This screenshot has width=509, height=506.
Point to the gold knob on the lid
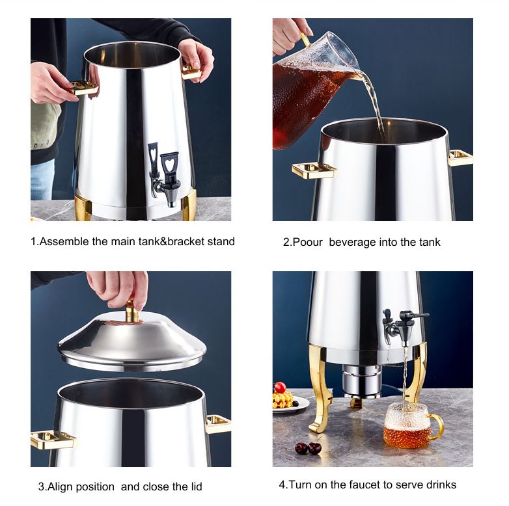tap(132, 312)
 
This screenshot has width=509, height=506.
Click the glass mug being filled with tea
tap(411, 425)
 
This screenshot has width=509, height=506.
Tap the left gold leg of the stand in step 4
tap(320, 388)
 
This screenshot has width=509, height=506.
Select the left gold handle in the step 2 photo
tap(314, 170)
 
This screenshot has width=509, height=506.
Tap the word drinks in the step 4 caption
tap(441, 485)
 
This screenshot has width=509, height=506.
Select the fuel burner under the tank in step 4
tap(362, 380)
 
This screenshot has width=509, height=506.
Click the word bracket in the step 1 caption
tap(186, 242)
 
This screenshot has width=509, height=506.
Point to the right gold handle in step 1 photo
tap(191, 72)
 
